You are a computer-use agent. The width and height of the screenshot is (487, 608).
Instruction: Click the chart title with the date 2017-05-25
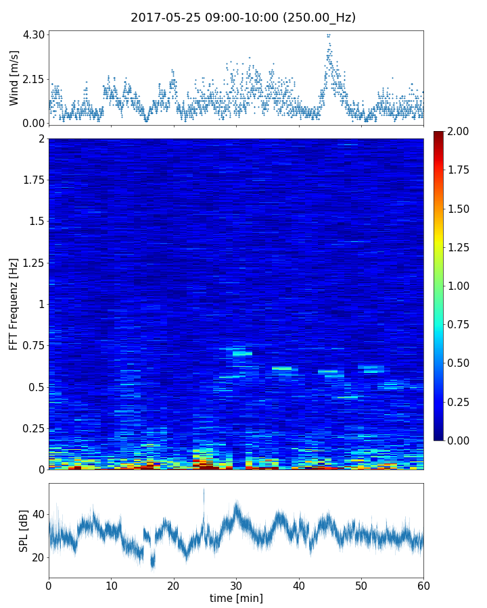(x=243, y=18)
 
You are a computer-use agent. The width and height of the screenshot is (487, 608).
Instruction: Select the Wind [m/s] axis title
(x=14, y=78)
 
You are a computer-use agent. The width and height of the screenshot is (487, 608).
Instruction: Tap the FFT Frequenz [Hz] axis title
(x=14, y=304)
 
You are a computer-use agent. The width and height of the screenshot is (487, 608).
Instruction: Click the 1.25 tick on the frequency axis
(x=32, y=263)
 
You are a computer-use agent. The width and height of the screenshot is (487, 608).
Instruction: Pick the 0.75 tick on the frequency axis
(x=32, y=346)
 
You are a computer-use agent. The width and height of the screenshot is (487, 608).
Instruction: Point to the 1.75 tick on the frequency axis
(x=32, y=180)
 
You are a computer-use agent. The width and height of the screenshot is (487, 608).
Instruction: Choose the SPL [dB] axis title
(x=23, y=530)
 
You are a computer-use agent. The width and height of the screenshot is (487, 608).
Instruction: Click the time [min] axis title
(x=236, y=598)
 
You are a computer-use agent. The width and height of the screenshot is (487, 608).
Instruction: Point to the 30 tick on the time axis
(x=236, y=584)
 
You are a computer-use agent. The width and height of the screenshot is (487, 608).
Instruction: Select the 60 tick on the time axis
(x=423, y=584)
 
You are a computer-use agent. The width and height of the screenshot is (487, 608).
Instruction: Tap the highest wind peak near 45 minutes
(x=329, y=36)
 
